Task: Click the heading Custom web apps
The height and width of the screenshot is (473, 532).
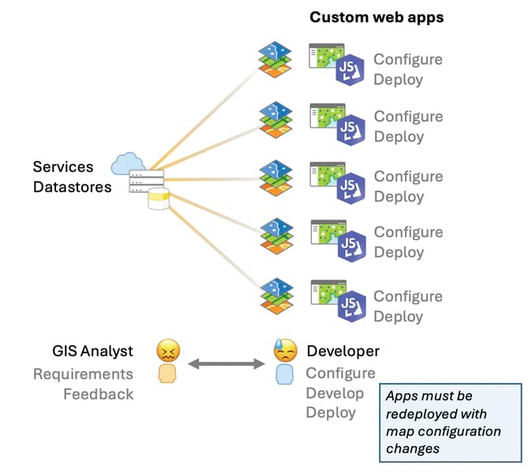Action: [377, 17]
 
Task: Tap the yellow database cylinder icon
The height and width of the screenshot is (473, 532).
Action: [159, 199]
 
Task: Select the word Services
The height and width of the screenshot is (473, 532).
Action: [63, 167]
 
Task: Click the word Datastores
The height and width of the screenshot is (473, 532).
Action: [72, 187]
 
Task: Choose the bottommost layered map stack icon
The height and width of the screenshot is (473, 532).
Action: [275, 295]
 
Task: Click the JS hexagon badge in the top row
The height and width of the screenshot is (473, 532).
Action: [349, 71]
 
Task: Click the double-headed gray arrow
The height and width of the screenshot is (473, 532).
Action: [226, 363]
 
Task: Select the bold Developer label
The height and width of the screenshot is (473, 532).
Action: [343, 352]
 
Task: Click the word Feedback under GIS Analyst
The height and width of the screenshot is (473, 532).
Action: [98, 393]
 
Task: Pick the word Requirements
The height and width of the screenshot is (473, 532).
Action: [83, 374]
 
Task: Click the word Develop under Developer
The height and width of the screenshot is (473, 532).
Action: [335, 393]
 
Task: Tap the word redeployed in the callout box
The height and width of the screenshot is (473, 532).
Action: [436, 414]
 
